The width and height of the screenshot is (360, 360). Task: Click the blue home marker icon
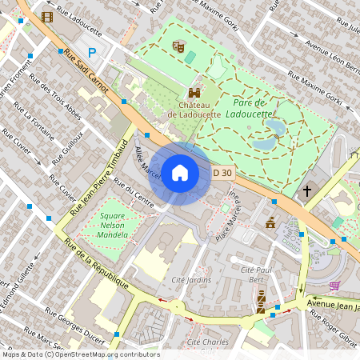tap(180, 173)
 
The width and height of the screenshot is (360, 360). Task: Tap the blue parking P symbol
tap(93, 52)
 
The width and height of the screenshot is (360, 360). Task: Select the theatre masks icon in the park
tap(179, 48)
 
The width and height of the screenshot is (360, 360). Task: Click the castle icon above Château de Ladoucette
tap(194, 92)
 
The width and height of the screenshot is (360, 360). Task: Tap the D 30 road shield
tap(222, 173)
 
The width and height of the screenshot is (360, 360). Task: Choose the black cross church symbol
tap(307, 192)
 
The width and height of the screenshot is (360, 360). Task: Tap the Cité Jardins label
tap(192, 280)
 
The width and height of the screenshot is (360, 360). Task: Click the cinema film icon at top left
tap(48, 17)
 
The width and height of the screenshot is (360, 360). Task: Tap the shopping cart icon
tap(334, 285)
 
